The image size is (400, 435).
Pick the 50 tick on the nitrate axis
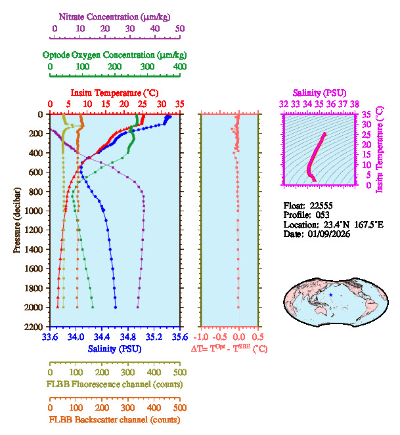pos(180,29)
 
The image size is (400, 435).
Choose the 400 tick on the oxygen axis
pos(180,67)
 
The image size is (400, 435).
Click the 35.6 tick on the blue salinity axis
pos(179,337)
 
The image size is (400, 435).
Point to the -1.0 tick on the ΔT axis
pos(203,337)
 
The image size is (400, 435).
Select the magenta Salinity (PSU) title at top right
pos(319,93)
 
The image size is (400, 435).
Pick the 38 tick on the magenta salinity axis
pos(355,104)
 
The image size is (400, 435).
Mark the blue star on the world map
pos(330,295)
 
